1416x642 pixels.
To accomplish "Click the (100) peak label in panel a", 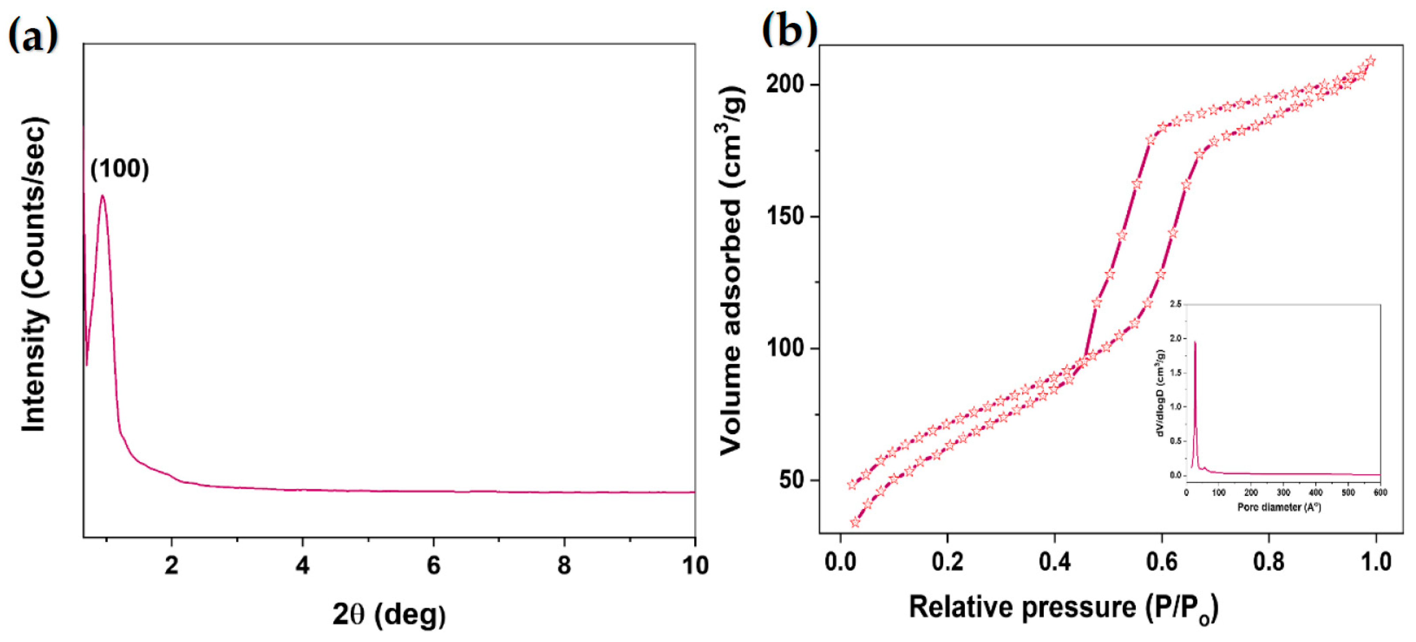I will pyautogui.click(x=120, y=168).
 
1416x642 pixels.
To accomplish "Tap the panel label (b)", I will pyautogui.click(x=789, y=30).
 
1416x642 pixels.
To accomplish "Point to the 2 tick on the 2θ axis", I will pyautogui.click(x=171, y=565).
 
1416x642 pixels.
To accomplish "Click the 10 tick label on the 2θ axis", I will pyautogui.click(x=695, y=565).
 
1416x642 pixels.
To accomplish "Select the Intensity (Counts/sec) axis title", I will pyautogui.click(x=34, y=275).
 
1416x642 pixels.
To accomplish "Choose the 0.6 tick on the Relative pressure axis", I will pyautogui.click(x=1161, y=562).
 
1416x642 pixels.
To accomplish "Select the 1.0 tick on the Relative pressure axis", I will pyautogui.click(x=1376, y=562).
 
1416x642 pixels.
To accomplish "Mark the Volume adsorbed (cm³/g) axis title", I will pyautogui.click(x=732, y=270).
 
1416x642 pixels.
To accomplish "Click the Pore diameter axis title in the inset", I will pyautogui.click(x=1279, y=507).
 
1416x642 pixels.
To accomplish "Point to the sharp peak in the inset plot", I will pyautogui.click(x=1195, y=343).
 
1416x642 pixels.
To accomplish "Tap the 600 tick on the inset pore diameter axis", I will pyautogui.click(x=1380, y=492).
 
